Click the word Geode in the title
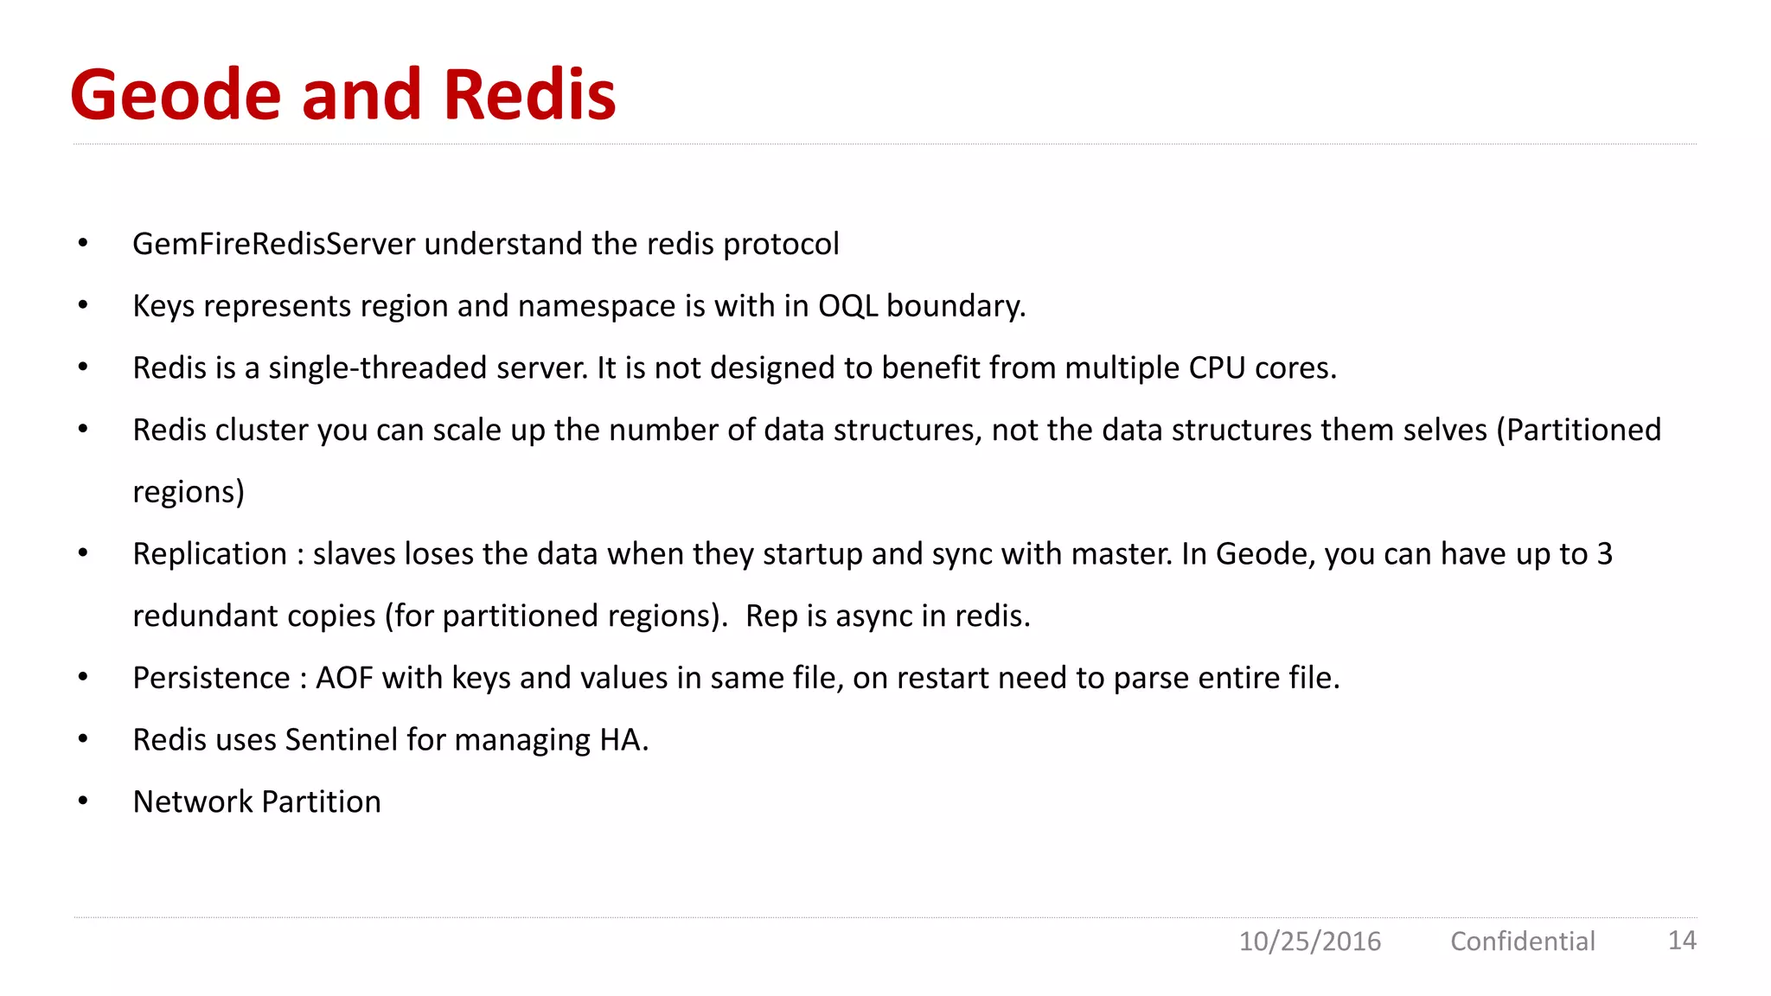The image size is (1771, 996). [176, 94]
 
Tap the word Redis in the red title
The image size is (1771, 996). [529, 94]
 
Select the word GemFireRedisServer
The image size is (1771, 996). [273, 244]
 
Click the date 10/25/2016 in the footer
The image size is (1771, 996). [1309, 941]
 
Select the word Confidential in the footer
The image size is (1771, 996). [1522, 941]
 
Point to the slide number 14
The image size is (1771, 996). [1682, 940]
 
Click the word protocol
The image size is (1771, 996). [781, 245]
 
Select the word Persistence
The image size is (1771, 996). [211, 678]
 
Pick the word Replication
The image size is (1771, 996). [209, 554]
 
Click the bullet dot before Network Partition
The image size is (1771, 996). [83, 801]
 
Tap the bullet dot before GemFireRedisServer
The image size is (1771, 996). [83, 244]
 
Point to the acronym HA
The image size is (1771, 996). [623, 740]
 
